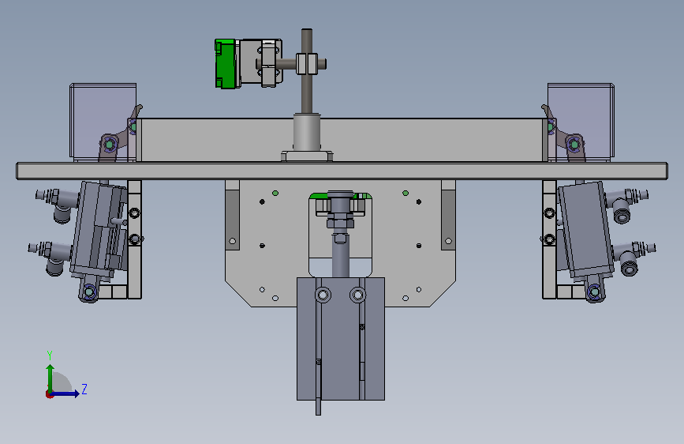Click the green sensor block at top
(x=225, y=64)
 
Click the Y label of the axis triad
(x=50, y=356)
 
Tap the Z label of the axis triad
(x=84, y=389)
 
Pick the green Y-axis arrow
(x=50, y=378)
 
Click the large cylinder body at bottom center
(x=341, y=339)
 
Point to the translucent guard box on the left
(x=103, y=121)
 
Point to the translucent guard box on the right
(x=581, y=121)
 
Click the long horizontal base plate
(x=342, y=171)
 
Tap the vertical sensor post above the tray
(x=307, y=71)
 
